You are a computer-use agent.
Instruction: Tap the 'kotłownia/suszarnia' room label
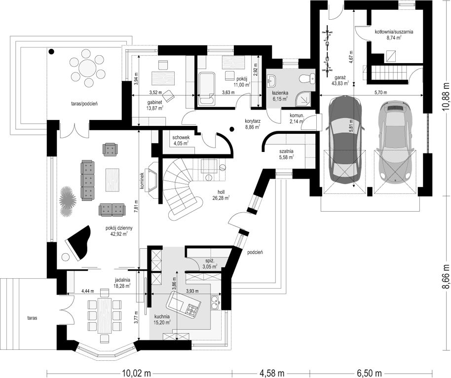pos(394,32)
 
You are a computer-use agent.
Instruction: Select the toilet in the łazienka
pos(307,78)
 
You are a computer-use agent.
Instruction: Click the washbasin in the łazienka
pos(271,80)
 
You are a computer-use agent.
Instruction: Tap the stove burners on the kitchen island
pos(191,309)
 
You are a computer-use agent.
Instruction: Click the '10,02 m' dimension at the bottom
pos(137,374)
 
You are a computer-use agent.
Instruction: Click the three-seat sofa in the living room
pos(88,181)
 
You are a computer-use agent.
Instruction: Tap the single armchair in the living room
pos(110,150)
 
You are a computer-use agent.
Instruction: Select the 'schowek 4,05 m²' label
pos(180,140)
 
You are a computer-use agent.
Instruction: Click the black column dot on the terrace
pos(51,51)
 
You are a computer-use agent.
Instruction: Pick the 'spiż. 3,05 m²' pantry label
pos(211,264)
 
